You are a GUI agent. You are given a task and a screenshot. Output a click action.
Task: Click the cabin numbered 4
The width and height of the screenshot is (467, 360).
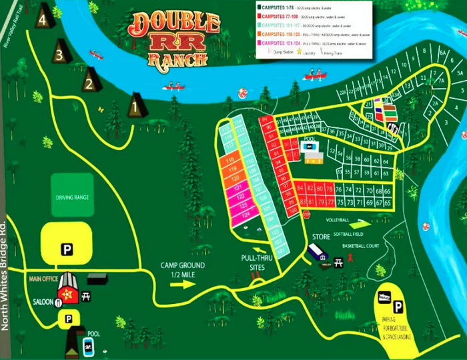pos(45,18)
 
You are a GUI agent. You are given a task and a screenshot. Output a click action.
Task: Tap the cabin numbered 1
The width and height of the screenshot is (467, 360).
pos(136,105)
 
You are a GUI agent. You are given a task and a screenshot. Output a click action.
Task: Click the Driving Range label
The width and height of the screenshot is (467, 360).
pos(72,197)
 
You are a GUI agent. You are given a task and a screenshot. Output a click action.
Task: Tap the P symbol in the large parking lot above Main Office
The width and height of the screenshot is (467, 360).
pos(67,249)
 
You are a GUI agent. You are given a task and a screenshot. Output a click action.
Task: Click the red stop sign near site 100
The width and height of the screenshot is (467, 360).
pos(308,215)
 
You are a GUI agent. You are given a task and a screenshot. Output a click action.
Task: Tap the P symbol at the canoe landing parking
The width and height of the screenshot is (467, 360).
pos(398,307)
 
